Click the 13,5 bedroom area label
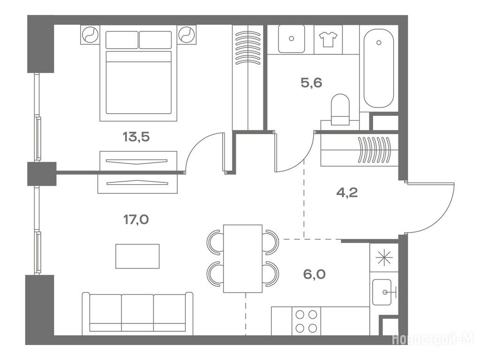point(136,136)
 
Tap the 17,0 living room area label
point(136,219)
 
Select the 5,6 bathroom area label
point(311,82)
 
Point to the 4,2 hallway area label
point(347,193)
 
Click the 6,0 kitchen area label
point(315,274)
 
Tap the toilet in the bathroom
point(340,110)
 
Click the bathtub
point(379,68)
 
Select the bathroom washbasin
point(292,39)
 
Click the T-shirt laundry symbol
point(328,39)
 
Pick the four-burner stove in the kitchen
point(306,321)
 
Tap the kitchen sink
point(382,292)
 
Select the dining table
point(243,259)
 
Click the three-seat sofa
point(137,314)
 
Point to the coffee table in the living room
point(137,256)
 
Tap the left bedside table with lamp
point(90,35)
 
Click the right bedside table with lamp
point(187,35)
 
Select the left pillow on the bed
point(122,40)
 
